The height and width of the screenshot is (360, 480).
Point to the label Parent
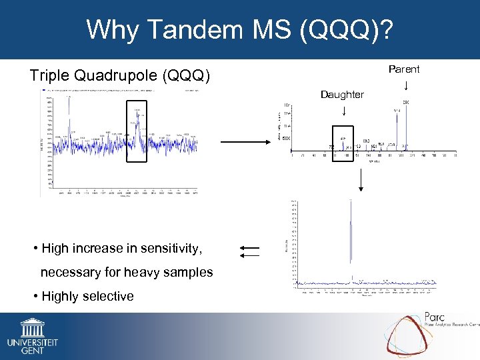pos(404,69)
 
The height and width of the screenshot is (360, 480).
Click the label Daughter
pos(342,95)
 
